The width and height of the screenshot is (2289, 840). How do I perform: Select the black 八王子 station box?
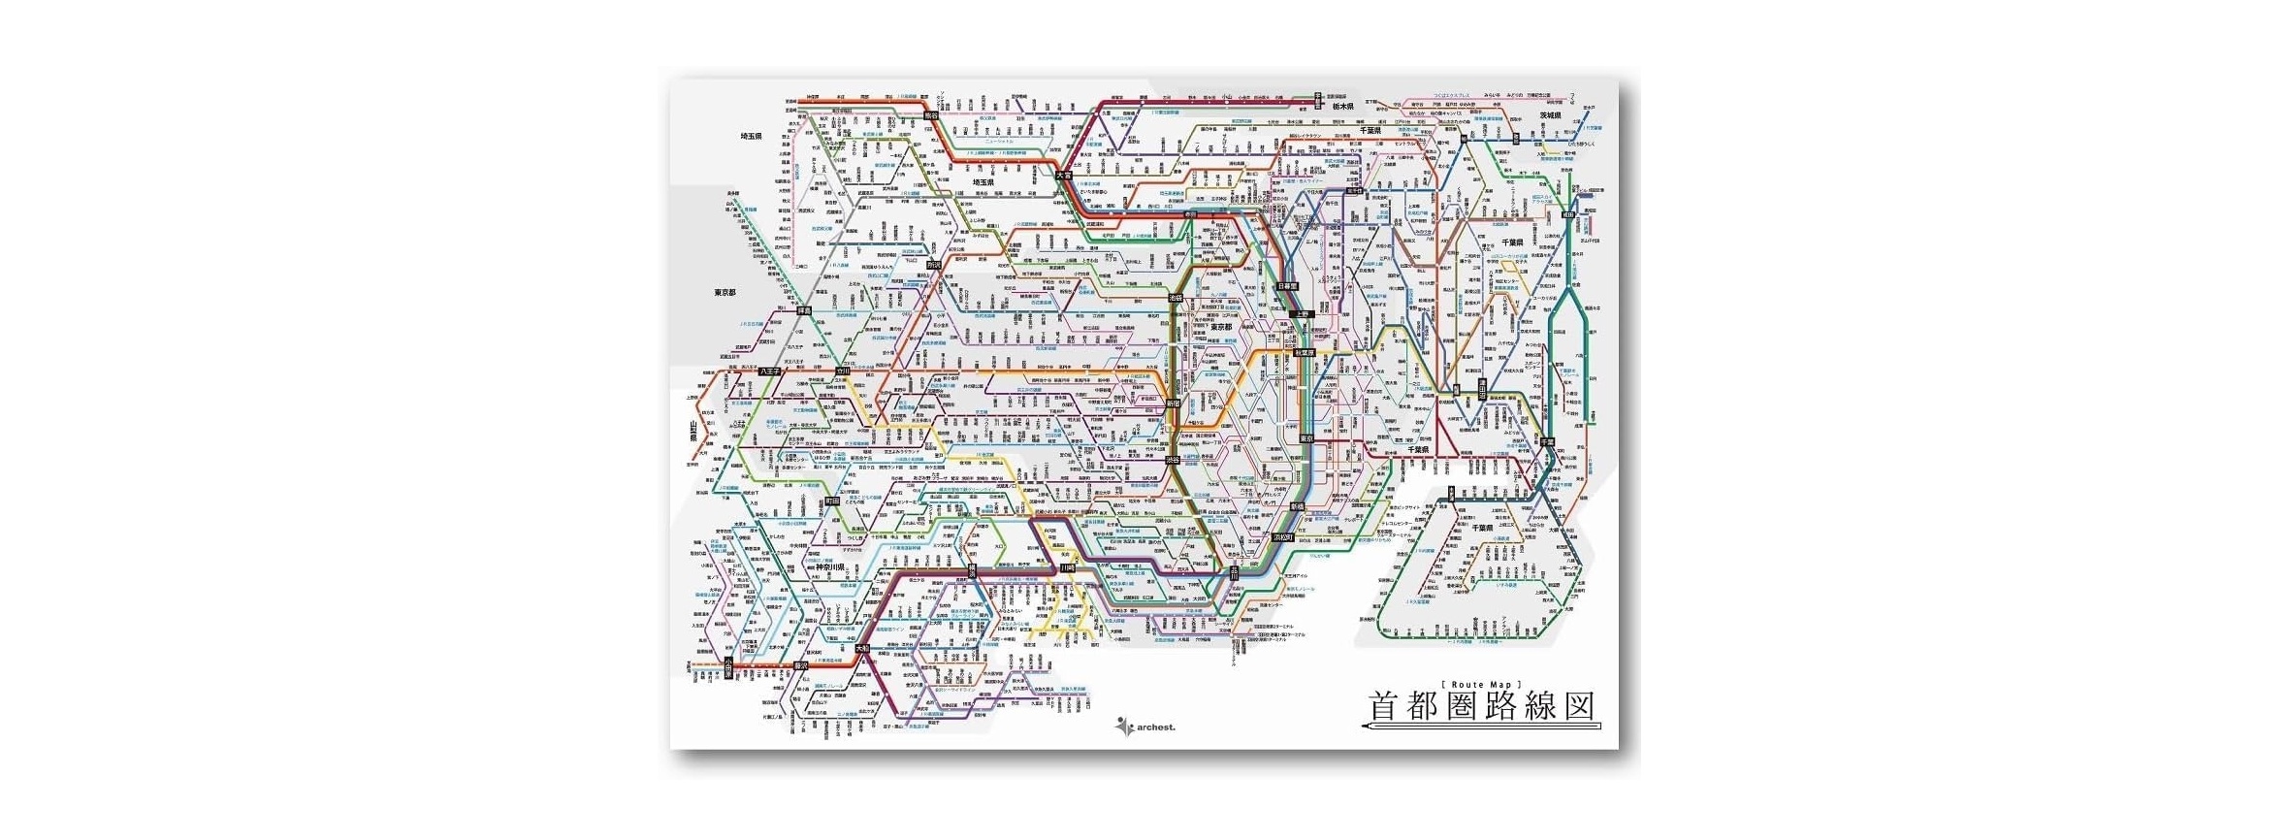click(771, 371)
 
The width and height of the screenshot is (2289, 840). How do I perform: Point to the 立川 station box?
click(843, 371)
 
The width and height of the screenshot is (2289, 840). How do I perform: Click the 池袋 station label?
click(1176, 297)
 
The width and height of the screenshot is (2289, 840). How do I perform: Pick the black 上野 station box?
click(1303, 314)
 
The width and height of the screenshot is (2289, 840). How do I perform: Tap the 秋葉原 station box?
click(1304, 352)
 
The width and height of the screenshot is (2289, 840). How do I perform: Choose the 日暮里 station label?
click(1286, 286)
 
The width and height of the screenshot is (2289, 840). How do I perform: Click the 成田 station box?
click(1567, 216)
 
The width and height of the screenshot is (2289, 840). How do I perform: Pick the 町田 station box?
click(831, 501)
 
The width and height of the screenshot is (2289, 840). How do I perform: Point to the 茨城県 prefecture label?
click(1552, 115)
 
